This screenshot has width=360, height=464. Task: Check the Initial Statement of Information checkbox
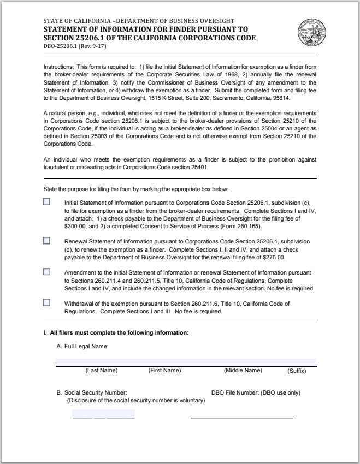pyautogui.click(x=46, y=201)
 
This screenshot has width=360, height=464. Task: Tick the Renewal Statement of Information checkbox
pyautogui.click(x=46, y=240)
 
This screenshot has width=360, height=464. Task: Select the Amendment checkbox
pyautogui.click(x=46, y=272)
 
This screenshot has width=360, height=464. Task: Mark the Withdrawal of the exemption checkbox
pyautogui.click(x=46, y=302)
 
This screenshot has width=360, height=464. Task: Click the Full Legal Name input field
pyautogui.click(x=186, y=361)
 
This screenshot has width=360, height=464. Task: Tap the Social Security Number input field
pyautogui.click(x=103, y=414)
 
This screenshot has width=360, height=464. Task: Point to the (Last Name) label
pyautogui.click(x=101, y=371)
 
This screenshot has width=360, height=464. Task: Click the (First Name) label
pyautogui.click(x=164, y=371)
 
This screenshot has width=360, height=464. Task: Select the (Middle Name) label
pyautogui.click(x=243, y=371)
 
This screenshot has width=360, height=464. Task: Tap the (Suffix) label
pyautogui.click(x=297, y=371)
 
